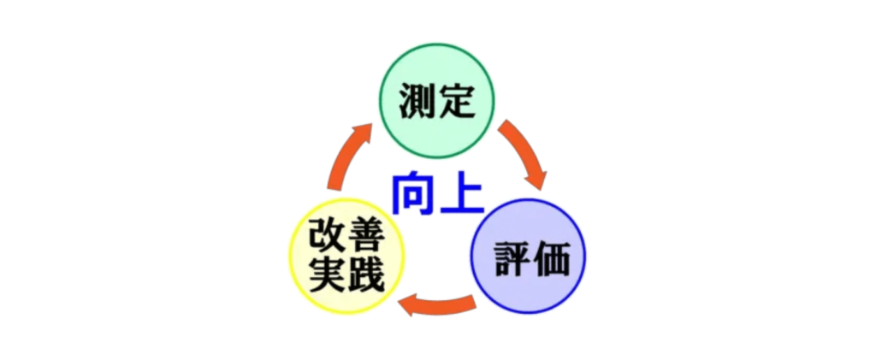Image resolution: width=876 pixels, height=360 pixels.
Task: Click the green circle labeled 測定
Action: point(437,101)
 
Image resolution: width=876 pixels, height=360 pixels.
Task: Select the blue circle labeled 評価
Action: point(530,256)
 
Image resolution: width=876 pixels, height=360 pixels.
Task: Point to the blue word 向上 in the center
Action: point(438,192)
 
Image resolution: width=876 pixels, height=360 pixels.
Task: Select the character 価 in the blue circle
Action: point(551,258)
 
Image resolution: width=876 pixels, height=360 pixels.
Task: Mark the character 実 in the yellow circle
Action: point(327,275)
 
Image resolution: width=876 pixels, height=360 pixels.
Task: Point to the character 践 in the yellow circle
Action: point(365,275)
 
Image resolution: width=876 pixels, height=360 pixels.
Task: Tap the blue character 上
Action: point(463,192)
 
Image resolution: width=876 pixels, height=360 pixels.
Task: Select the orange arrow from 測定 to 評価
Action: point(524,152)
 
